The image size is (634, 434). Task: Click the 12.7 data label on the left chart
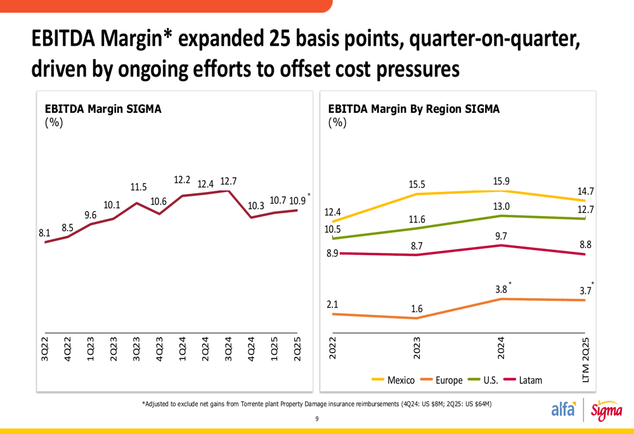(x=229, y=181)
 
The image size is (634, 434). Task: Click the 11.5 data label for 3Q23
(x=139, y=187)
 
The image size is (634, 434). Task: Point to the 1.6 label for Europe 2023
(x=417, y=309)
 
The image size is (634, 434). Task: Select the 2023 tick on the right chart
(x=417, y=349)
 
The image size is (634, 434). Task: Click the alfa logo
(x=564, y=410)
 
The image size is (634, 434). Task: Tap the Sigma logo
(x=607, y=411)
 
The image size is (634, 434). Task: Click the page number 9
(x=317, y=419)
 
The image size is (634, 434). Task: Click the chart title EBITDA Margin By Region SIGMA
(x=414, y=109)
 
